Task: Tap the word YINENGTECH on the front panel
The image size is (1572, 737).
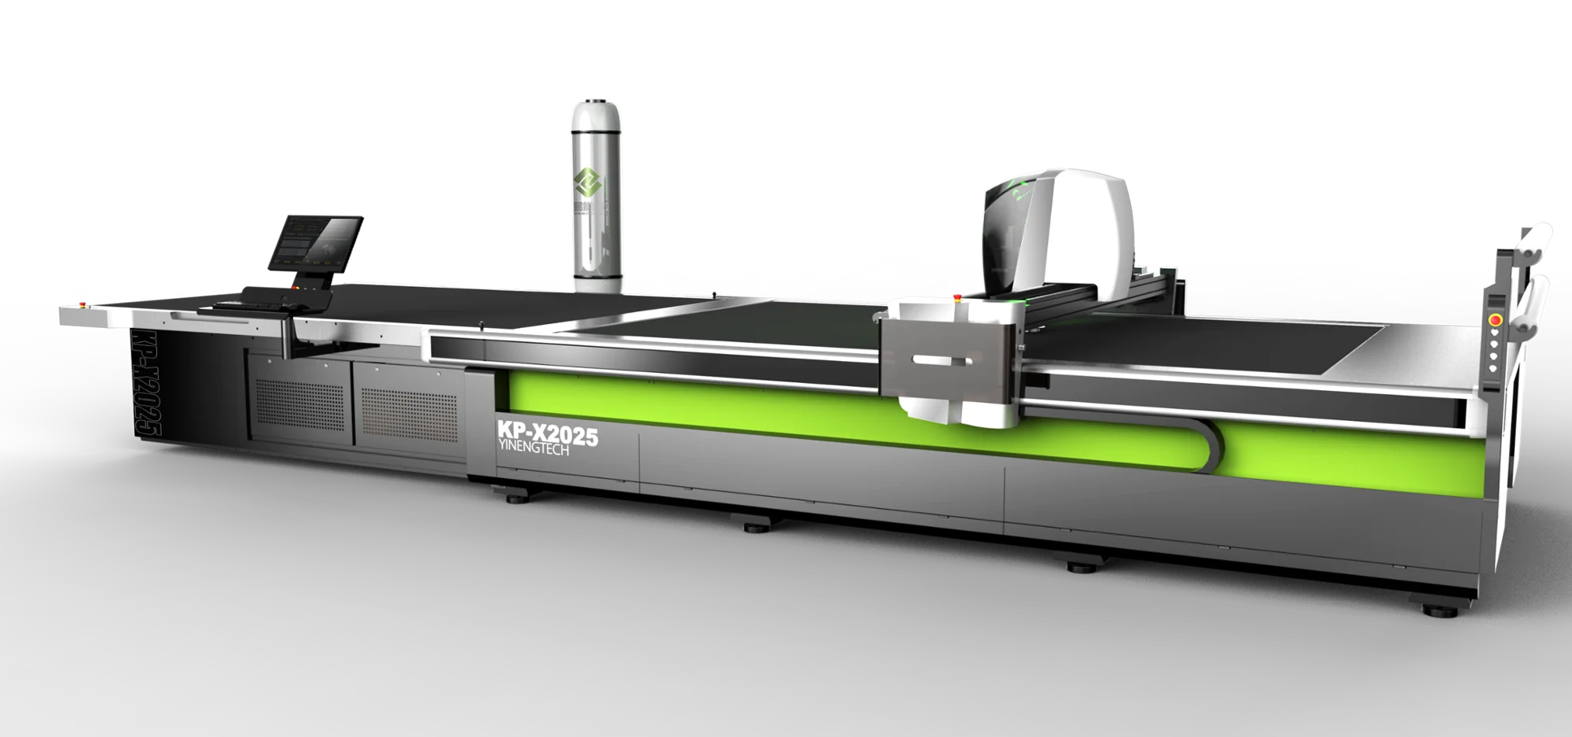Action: [x=534, y=450]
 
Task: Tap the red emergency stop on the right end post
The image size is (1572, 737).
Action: [x=1495, y=320]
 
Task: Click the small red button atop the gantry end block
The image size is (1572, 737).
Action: [x=957, y=297]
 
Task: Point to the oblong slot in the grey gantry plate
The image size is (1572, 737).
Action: [x=942, y=360]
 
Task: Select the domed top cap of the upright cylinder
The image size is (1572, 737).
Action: [x=596, y=104]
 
